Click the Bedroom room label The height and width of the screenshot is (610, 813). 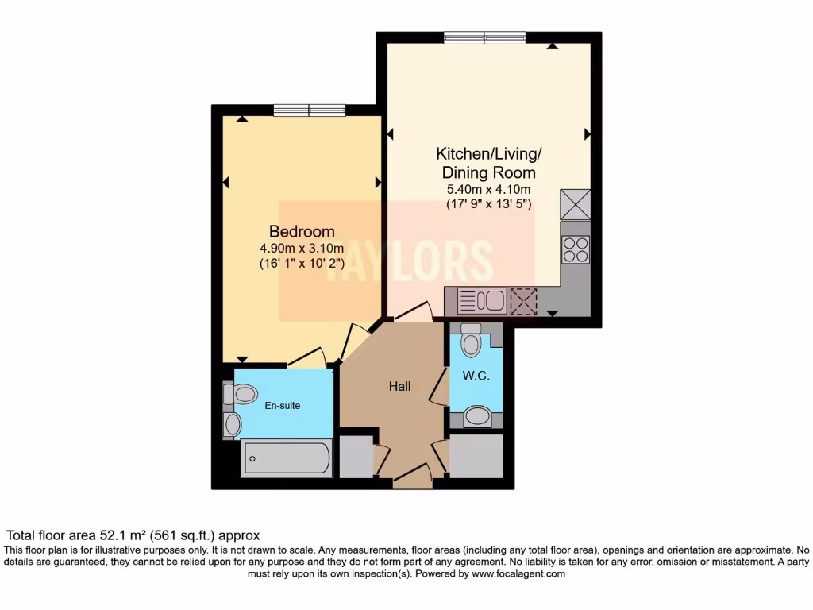[302, 231]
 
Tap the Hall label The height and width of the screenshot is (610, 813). [399, 387]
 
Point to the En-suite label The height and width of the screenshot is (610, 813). [283, 406]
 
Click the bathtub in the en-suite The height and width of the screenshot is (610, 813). [287, 458]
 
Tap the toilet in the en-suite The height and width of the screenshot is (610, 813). [241, 394]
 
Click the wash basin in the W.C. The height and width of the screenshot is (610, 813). [477, 415]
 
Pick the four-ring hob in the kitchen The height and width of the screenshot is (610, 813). [576, 249]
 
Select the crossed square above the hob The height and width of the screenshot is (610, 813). [576, 204]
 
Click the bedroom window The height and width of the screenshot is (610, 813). [309, 110]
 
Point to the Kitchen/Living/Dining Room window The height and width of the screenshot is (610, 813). [484, 37]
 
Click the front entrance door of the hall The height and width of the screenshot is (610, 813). [412, 478]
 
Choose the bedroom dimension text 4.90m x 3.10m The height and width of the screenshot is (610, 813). [302, 248]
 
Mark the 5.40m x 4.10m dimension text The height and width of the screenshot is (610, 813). [488, 189]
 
